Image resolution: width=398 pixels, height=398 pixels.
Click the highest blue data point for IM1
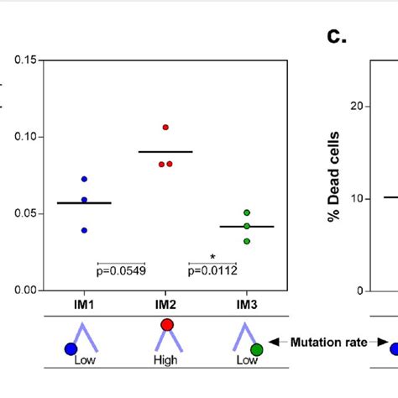(x=84, y=180)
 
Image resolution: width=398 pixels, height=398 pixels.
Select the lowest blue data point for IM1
(x=84, y=230)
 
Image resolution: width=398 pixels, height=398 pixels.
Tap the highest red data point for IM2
(x=165, y=127)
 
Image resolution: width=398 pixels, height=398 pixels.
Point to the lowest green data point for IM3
(x=247, y=241)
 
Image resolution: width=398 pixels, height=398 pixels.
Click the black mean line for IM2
(x=165, y=152)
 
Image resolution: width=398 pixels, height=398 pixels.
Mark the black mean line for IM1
(x=84, y=203)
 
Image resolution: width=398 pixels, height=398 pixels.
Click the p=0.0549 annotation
(x=121, y=270)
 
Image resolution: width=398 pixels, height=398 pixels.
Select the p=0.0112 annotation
(x=212, y=270)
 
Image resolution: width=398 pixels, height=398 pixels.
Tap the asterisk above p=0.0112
(x=212, y=258)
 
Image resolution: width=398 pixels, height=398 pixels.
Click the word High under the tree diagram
(x=166, y=360)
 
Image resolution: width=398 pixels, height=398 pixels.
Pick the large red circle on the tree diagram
(x=166, y=325)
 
